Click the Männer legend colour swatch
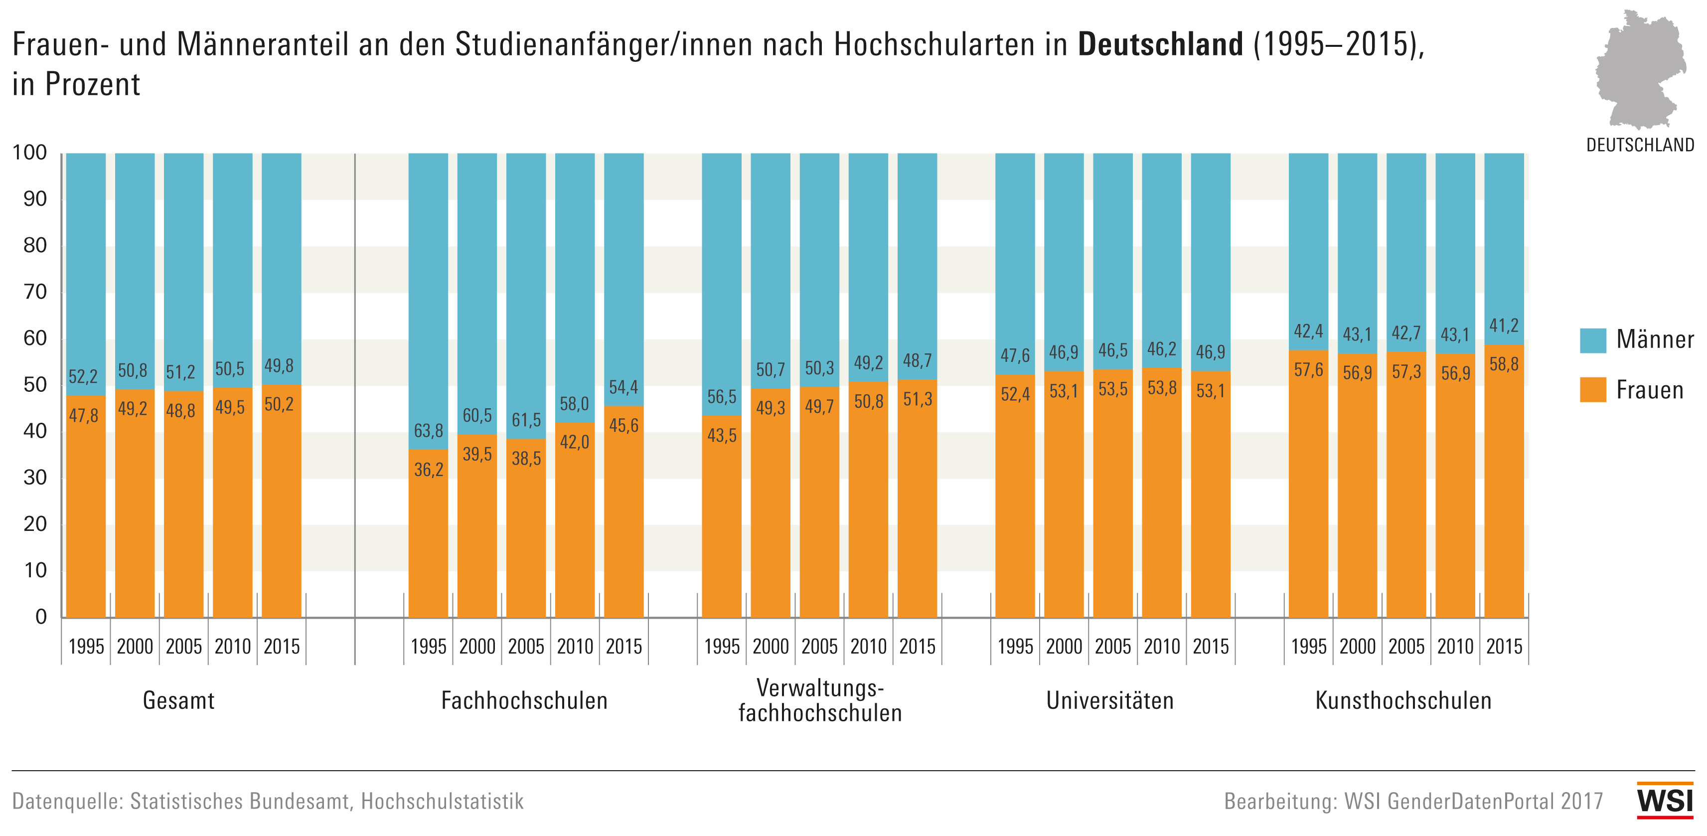coord(1592,340)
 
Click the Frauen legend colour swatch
coord(1592,390)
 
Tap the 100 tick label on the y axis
coord(30,153)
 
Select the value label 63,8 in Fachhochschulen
coord(428,431)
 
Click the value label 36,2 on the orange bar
coord(428,470)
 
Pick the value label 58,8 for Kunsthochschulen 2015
coord(1504,364)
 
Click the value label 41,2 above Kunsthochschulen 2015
coord(1504,326)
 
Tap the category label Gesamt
coord(178,701)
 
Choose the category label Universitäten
coord(1110,701)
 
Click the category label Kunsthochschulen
coord(1403,701)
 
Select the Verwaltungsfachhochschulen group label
coord(820,701)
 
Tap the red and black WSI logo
coord(1665,801)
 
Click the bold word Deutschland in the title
coord(1160,44)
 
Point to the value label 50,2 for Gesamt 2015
coord(279,404)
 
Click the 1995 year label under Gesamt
coord(86,647)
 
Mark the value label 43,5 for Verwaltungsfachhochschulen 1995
coord(722,436)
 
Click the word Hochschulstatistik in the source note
coord(442,802)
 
